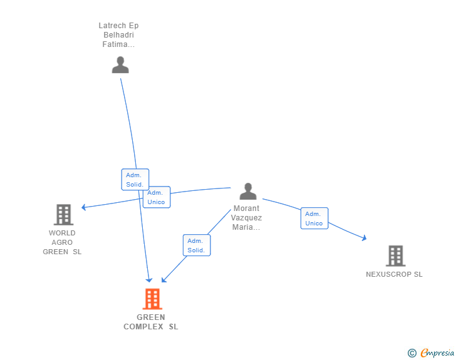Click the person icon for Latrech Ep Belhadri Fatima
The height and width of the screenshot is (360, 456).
120,65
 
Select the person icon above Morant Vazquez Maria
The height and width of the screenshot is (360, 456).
248,191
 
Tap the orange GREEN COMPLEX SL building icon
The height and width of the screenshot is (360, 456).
152,299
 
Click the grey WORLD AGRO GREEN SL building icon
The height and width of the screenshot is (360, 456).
63,215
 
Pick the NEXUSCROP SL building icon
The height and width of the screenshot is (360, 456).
395,256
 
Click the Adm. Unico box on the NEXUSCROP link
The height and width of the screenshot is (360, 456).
314,219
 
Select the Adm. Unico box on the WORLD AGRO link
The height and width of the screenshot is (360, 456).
157,197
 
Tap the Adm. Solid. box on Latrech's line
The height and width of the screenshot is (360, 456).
135,180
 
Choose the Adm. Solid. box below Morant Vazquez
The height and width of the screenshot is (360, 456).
197,245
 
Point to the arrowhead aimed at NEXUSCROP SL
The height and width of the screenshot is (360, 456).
364,238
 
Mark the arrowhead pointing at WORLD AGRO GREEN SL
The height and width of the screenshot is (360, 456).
84,207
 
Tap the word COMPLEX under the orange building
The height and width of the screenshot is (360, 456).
143,327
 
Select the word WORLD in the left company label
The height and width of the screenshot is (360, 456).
62,233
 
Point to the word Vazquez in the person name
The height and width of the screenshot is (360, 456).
246,218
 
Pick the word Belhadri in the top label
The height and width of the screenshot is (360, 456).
118,35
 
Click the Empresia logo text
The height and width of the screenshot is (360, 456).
437,353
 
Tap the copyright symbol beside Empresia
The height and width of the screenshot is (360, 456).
412,353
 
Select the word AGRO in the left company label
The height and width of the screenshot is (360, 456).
62,242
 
